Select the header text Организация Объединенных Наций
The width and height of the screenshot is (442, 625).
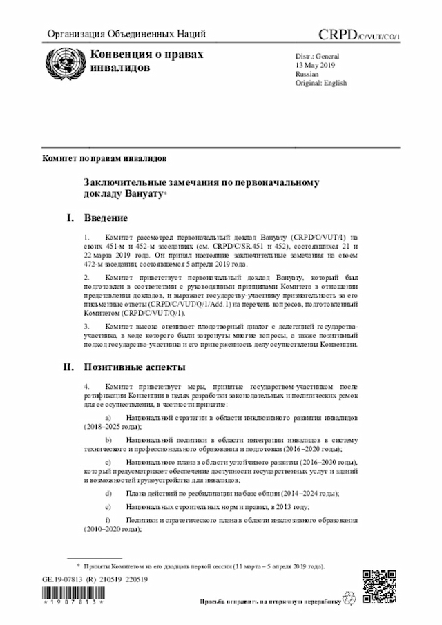tap(126, 35)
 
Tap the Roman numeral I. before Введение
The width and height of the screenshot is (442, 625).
tap(70, 219)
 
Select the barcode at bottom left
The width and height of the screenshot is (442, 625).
tap(73, 595)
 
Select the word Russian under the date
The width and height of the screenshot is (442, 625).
tap(307, 73)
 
